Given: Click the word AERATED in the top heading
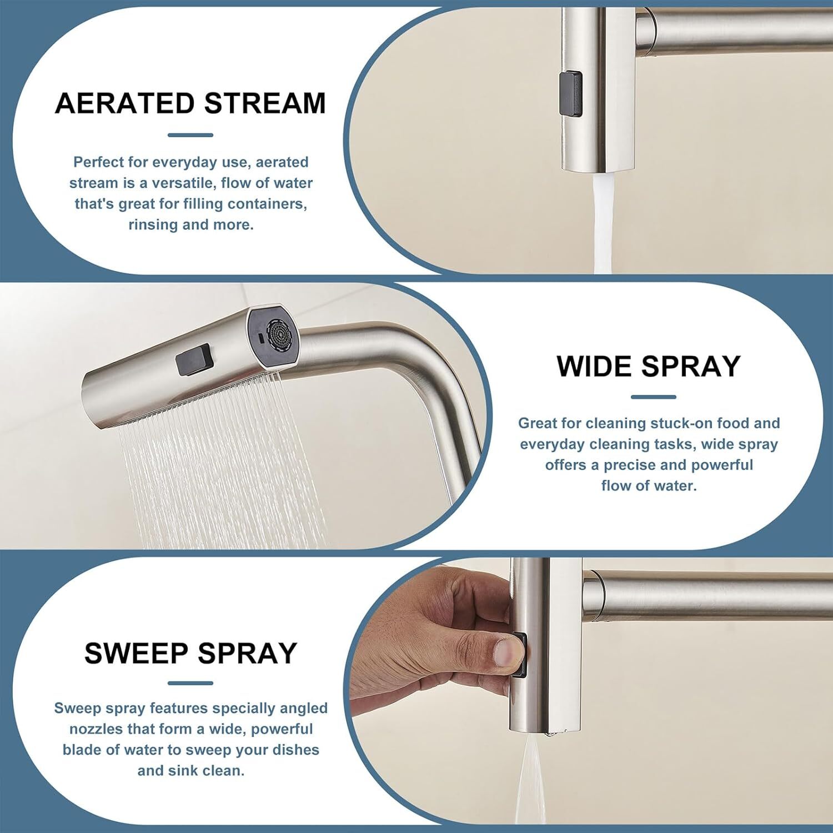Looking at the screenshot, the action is coord(125,103).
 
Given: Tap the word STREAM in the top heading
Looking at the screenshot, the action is coord(265,103).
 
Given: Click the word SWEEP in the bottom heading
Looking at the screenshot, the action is coord(137,653).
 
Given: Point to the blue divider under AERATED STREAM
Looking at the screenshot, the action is coord(190,135).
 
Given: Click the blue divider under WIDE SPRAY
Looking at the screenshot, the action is coord(654,397).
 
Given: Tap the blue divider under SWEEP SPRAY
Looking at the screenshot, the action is coord(190,683).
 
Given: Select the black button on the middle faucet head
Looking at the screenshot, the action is coord(194,359).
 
